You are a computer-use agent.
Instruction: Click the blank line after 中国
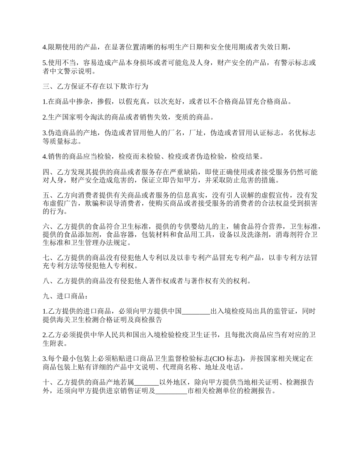pos(196,311)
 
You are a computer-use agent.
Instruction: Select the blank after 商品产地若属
pos(147,382)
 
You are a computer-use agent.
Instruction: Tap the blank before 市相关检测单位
pos(171,391)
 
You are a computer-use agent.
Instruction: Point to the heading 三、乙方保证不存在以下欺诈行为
pos(95,86)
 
